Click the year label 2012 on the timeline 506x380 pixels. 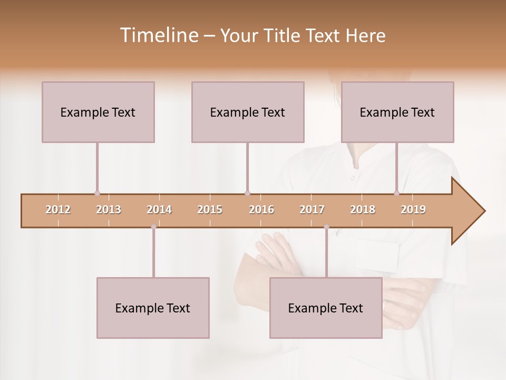tap(58, 210)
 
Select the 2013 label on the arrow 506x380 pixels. tap(109, 210)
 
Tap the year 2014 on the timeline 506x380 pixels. tap(159, 210)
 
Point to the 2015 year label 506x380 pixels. tap(210, 210)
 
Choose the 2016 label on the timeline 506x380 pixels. tap(261, 210)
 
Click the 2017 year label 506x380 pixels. tap(312, 210)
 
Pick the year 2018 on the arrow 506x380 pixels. tap(363, 210)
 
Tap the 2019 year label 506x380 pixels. tap(413, 210)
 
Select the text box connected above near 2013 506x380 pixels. tap(98, 112)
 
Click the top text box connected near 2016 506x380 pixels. tap(248, 112)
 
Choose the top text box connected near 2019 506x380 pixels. tap(397, 112)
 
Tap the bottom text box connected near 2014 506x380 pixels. tap(153, 308)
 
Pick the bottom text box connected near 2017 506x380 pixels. tap(326, 308)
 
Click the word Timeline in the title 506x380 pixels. tap(158, 35)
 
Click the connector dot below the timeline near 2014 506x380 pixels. tap(153, 227)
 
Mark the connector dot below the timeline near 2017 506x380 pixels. tap(326, 227)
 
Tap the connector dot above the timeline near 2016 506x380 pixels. tap(247, 193)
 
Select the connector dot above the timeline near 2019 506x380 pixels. tap(397, 193)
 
